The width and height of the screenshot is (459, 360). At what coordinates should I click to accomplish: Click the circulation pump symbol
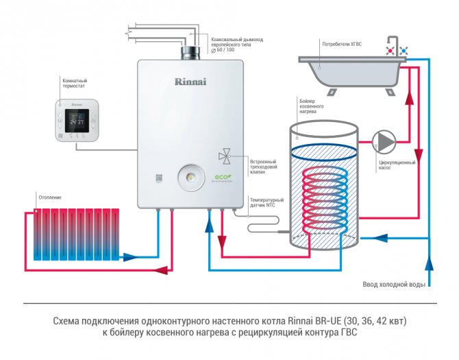click(x=384, y=142)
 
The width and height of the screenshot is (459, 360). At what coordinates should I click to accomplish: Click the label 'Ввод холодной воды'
click(x=393, y=284)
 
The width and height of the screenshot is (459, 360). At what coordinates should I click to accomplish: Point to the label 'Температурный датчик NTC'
click(x=266, y=202)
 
